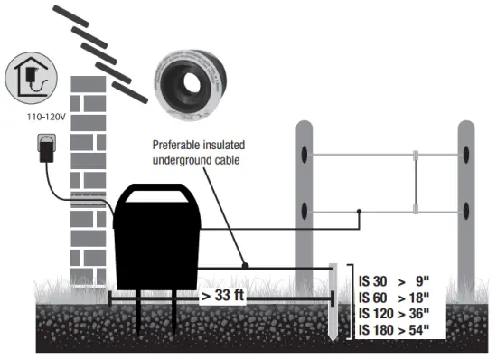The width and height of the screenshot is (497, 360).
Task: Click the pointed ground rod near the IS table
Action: (333, 308)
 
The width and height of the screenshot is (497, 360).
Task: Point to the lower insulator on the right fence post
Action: (466, 213)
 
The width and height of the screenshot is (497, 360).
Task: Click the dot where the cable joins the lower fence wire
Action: (360, 213)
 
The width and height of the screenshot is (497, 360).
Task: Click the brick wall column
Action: (90, 181)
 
